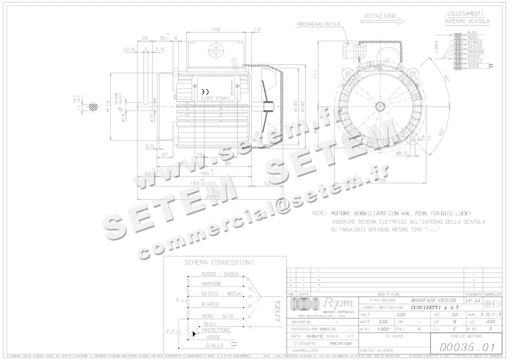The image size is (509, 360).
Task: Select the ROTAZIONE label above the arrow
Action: tap(380, 16)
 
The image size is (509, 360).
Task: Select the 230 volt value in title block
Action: tap(400, 315)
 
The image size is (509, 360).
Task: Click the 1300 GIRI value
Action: tap(383, 329)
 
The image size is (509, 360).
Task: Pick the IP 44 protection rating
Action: tap(473, 301)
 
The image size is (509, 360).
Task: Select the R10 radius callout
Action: tap(426, 137)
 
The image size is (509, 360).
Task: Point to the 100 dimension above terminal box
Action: tap(216, 29)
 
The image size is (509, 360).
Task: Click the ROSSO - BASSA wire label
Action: tap(220, 273)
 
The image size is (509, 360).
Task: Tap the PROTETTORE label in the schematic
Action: tap(216, 330)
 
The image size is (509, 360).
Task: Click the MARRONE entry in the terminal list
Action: tap(475, 52)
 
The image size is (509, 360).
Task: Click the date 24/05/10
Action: tap(314, 336)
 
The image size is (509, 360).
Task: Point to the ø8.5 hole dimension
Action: tap(401, 153)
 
